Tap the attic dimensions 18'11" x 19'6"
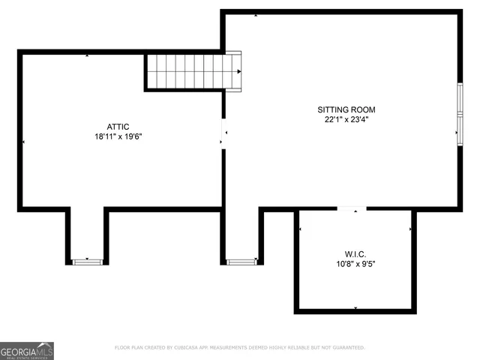(x=118, y=136)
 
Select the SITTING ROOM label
(x=346, y=109)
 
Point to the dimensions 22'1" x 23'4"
(x=346, y=119)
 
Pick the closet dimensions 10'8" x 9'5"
(x=355, y=263)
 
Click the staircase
(x=193, y=71)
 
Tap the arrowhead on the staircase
(x=238, y=71)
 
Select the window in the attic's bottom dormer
(x=87, y=262)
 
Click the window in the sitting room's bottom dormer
(x=241, y=262)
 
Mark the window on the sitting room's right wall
(x=459, y=112)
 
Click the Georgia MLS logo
(x=27, y=350)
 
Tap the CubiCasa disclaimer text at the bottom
(x=239, y=348)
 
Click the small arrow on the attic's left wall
(x=24, y=142)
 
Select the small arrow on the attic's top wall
(x=88, y=55)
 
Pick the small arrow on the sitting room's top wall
(x=256, y=14)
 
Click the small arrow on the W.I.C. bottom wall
(x=355, y=308)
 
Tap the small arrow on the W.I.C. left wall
(x=300, y=229)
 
